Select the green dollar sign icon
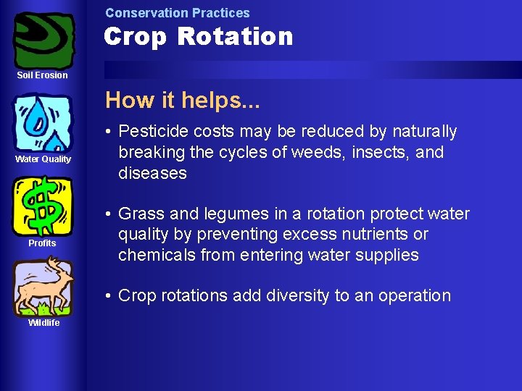tap(43, 206)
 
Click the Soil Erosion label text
tap(43, 75)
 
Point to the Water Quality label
tap(43, 159)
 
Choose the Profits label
tap(42, 243)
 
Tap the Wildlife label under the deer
tap(43, 323)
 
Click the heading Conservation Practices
tap(177, 13)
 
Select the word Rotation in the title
tap(242, 36)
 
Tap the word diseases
tap(152, 174)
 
